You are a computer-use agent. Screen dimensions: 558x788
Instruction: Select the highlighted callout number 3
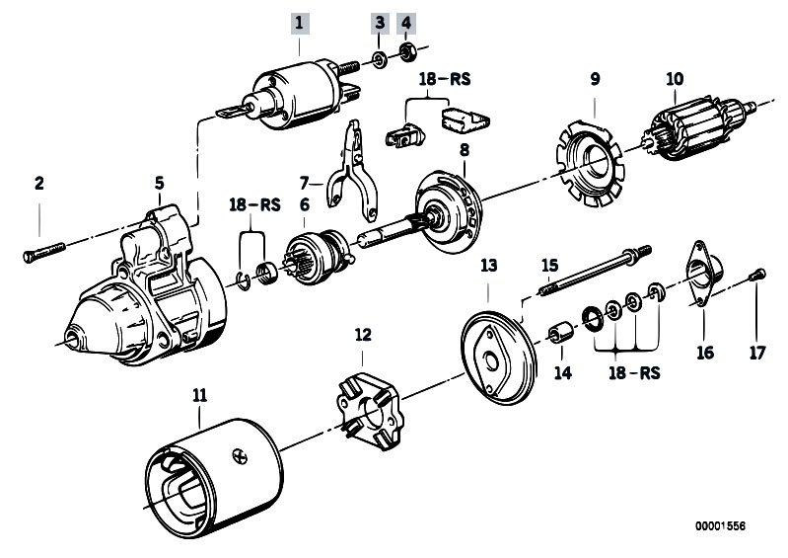tap(379, 21)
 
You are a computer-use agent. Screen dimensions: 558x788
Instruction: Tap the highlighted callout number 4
tap(406, 21)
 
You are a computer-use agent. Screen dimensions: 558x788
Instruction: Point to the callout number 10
tap(675, 78)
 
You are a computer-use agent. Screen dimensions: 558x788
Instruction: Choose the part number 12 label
tap(363, 335)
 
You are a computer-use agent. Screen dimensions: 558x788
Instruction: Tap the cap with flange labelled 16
tap(703, 277)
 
